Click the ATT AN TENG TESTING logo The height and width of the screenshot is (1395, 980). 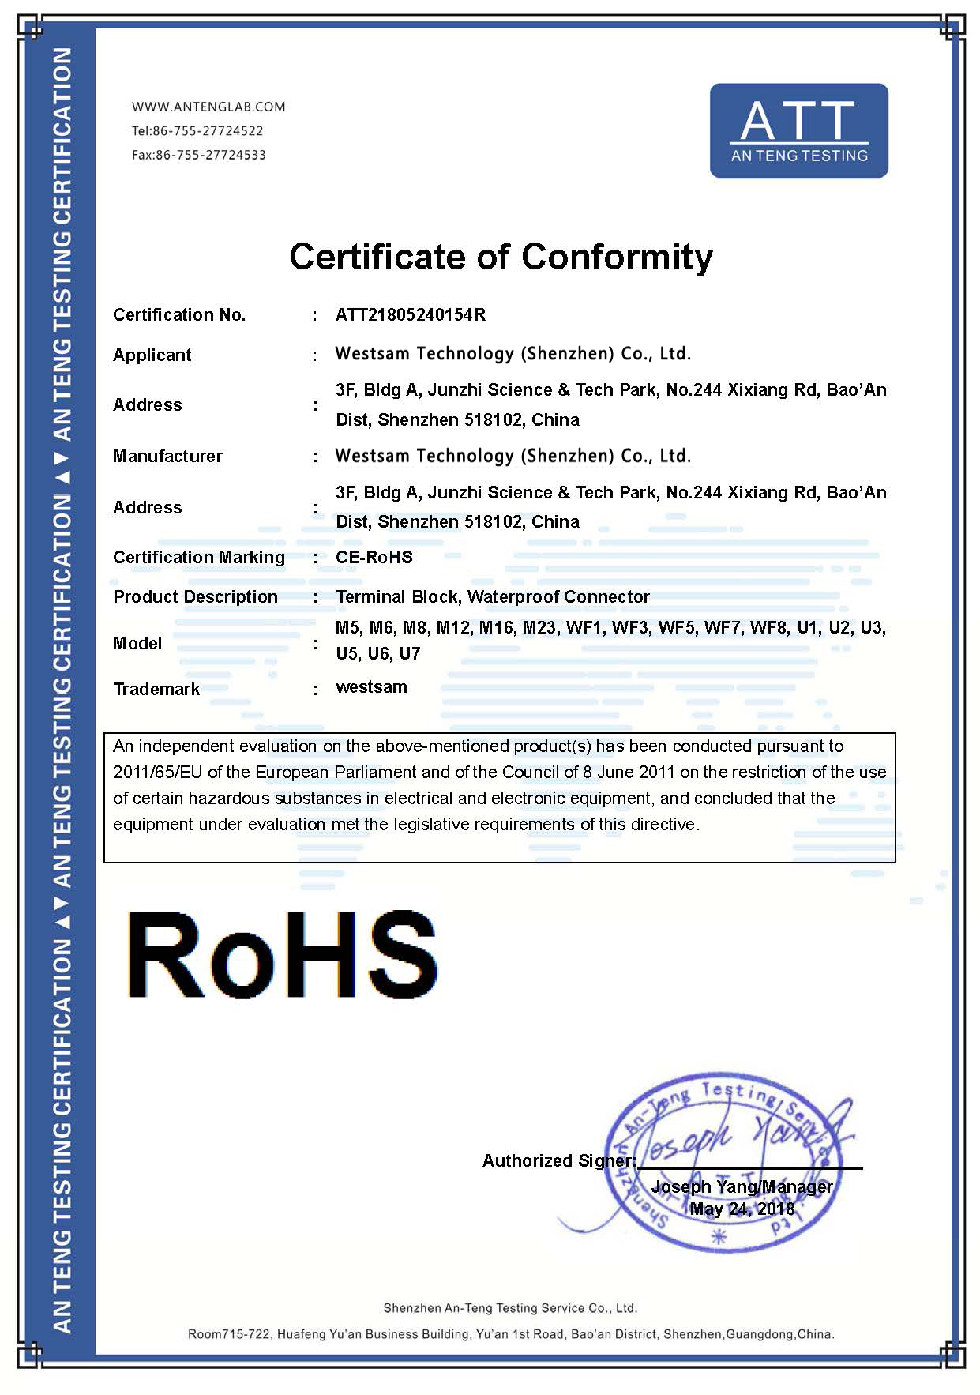(798, 130)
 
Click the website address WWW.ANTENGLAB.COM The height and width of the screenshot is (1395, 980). (208, 107)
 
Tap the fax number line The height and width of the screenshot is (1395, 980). (199, 155)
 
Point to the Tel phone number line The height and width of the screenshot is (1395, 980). (197, 130)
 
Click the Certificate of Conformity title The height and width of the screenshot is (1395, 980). (501, 257)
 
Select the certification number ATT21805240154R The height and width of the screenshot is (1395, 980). (411, 315)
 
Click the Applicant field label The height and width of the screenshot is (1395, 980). (152, 355)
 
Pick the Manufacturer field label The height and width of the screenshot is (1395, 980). (167, 457)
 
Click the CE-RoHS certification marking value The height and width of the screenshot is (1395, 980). (374, 558)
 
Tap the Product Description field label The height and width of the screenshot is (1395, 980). (195, 597)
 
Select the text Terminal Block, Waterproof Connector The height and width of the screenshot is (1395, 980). (493, 597)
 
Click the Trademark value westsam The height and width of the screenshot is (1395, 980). (371, 687)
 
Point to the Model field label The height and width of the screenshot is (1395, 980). (137, 644)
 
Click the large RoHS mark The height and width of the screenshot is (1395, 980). (282, 954)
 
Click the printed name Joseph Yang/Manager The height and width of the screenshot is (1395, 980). (742, 1186)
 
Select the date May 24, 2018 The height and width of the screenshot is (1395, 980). (742, 1209)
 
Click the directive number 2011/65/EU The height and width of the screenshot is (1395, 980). (156, 773)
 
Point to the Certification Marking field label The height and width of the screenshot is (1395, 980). (199, 558)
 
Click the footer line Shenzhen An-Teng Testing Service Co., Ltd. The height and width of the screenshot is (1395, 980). (510, 1308)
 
